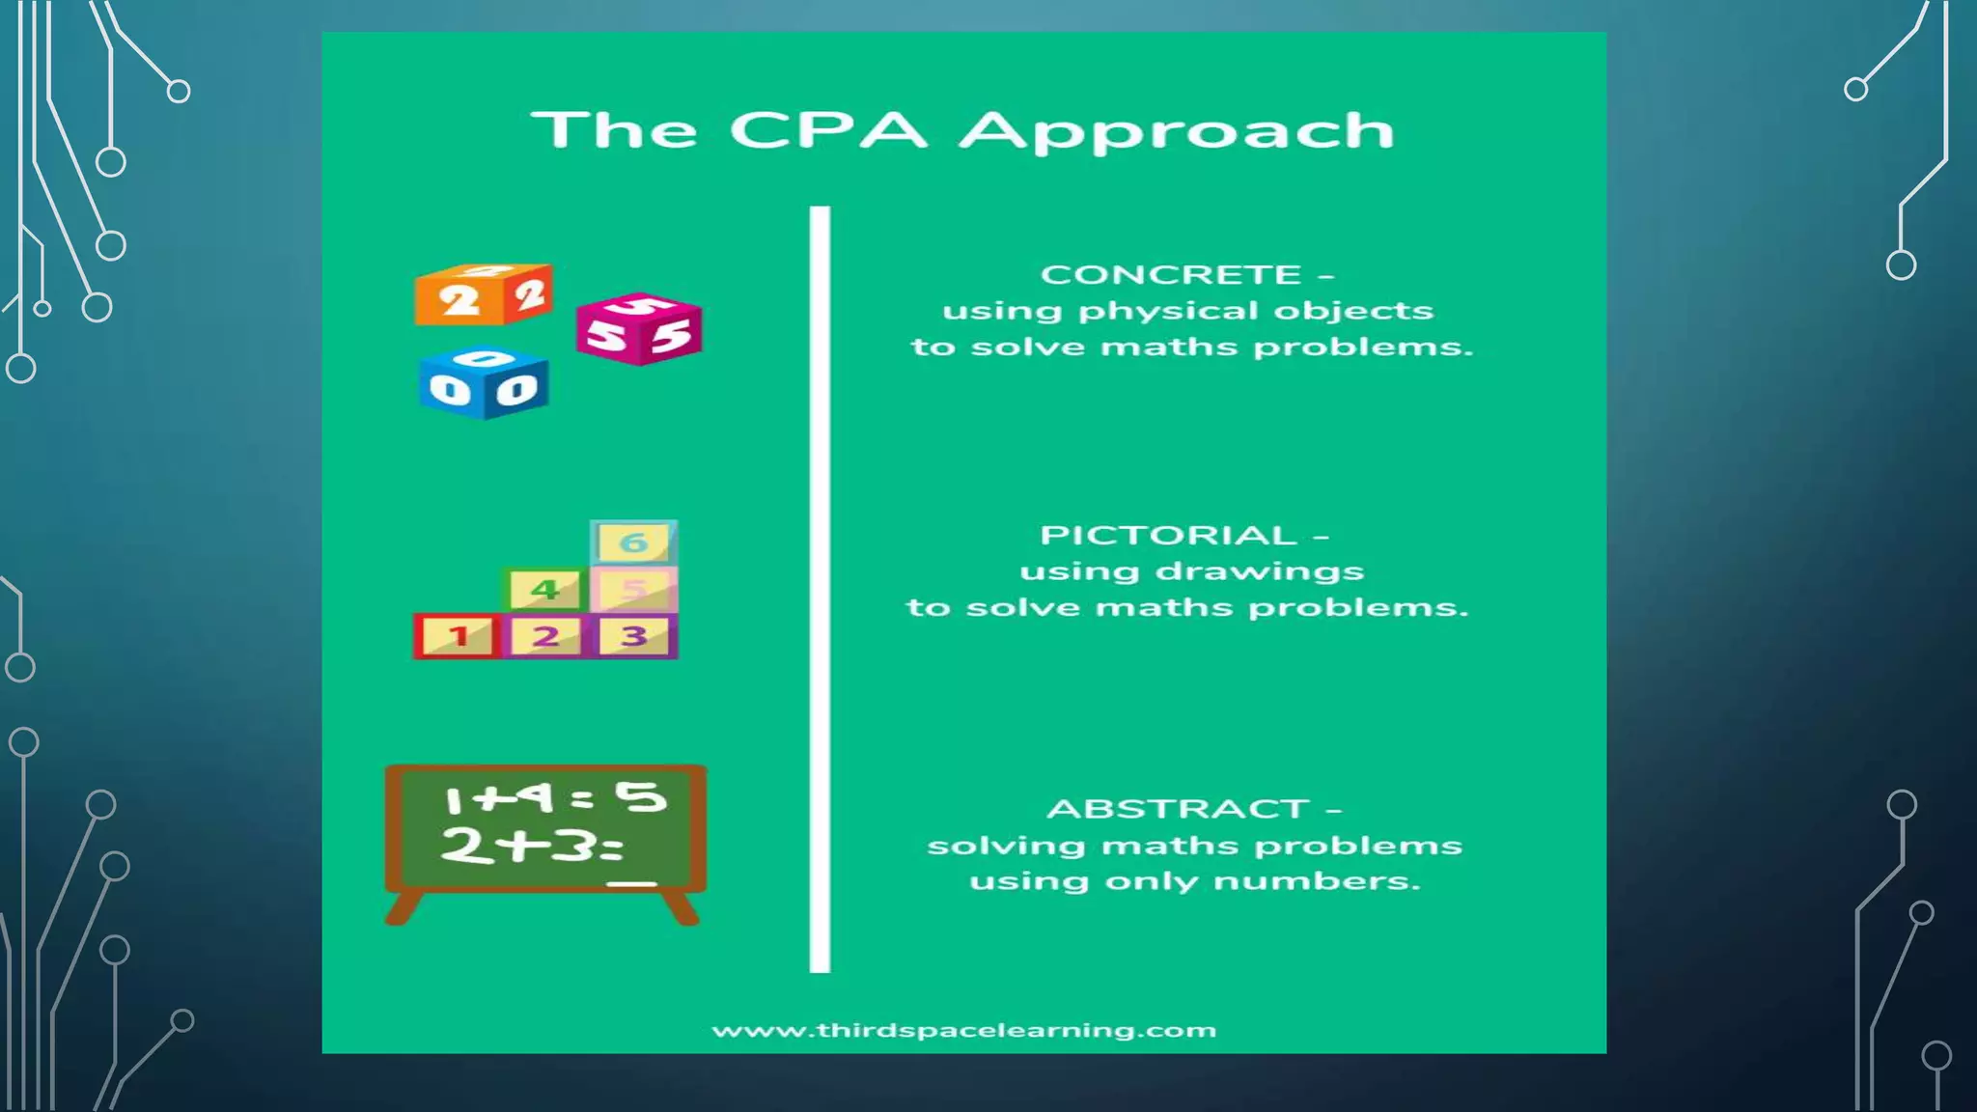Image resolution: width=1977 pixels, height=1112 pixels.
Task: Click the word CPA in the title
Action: (827, 130)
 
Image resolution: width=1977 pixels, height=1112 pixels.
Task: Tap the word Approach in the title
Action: (1177, 132)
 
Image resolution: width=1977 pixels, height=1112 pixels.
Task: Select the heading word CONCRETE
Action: (1170, 275)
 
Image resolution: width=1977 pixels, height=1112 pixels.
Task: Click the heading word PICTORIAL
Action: (1168, 536)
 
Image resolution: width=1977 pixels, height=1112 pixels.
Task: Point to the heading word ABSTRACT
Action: (1178, 809)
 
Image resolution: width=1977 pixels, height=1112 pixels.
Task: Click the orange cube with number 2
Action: (483, 295)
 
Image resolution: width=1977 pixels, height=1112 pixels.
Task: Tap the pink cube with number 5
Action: (638, 330)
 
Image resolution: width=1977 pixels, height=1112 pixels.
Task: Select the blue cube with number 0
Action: (484, 384)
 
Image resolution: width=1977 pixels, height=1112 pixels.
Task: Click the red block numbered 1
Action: (458, 636)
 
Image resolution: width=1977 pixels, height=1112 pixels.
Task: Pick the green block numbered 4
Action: (545, 589)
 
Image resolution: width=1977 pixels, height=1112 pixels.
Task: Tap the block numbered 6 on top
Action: (633, 542)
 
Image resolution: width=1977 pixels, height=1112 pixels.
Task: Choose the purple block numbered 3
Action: (634, 636)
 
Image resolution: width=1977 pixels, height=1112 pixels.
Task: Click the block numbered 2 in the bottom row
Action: (545, 636)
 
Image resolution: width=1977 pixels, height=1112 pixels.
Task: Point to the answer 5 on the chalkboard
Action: (641, 797)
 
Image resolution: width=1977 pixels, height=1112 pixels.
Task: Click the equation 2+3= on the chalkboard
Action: (531, 847)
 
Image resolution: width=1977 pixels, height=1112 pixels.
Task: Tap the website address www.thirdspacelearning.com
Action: (963, 1031)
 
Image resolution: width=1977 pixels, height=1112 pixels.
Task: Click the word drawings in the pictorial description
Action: (1259, 572)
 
